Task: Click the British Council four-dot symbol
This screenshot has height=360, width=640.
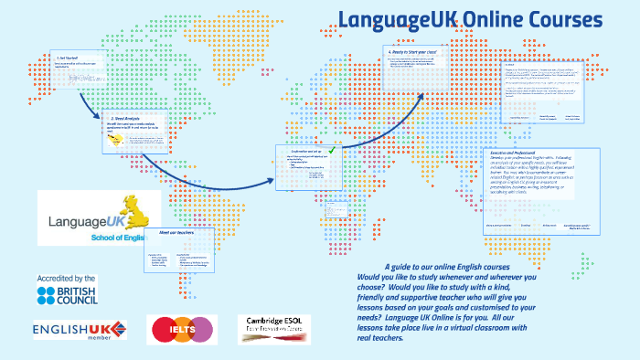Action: click(x=47, y=294)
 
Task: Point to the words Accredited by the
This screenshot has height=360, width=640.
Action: click(x=66, y=277)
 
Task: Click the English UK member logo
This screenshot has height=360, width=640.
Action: click(x=79, y=329)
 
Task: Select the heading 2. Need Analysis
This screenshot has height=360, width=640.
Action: click(x=126, y=119)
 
